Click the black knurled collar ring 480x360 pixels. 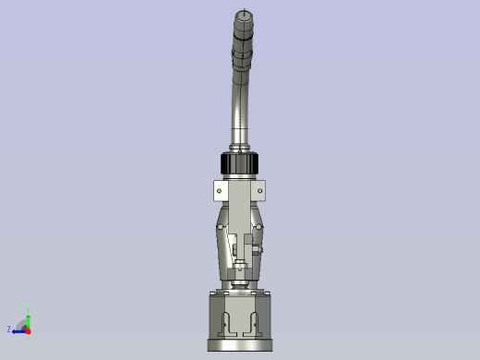point(240,164)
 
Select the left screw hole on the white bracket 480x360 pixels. point(220,191)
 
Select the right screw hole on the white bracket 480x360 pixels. point(260,191)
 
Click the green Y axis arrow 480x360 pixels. point(28,319)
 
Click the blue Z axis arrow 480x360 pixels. point(18,330)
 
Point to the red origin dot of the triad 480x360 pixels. point(28,330)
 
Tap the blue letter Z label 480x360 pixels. point(9,329)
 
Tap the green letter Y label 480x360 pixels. point(28,310)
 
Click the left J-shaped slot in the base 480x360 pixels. point(228,323)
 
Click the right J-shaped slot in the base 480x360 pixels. point(252,323)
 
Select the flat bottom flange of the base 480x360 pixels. point(240,346)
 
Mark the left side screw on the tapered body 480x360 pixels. point(222,242)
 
